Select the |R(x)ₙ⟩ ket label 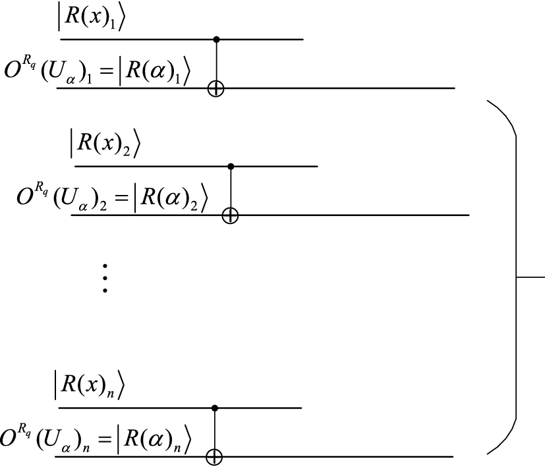(88, 387)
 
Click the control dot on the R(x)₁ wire (215, 40)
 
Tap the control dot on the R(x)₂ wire (229, 167)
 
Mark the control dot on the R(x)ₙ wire (215, 408)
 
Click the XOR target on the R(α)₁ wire (215, 88)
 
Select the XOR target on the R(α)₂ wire (229, 215)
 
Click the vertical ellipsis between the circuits (105, 278)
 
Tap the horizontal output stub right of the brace (530, 277)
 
